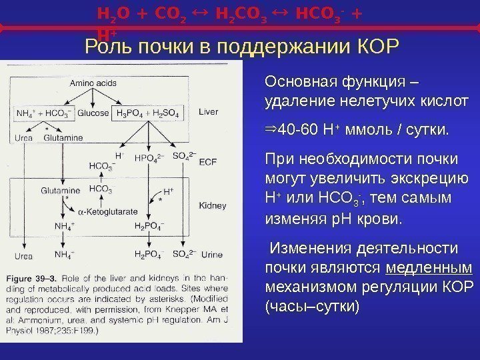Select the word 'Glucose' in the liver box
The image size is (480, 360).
[93, 113]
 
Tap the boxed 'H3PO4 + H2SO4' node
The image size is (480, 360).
[148, 113]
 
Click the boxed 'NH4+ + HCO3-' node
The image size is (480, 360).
[46, 113]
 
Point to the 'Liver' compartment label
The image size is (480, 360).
[208, 113]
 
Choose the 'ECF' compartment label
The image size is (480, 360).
[208, 161]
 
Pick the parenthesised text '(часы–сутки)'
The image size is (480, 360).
[311, 307]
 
